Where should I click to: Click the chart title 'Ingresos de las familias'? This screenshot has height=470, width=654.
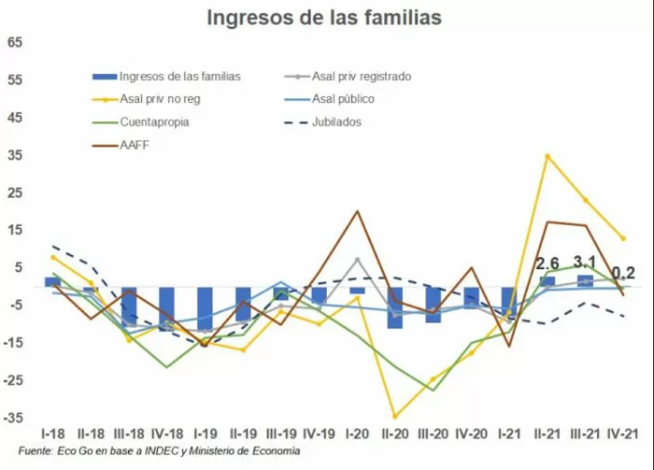click(x=324, y=19)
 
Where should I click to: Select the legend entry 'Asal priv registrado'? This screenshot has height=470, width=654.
click(x=348, y=77)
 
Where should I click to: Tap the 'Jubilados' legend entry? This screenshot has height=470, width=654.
click(x=322, y=122)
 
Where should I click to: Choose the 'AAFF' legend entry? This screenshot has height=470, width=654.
click(x=121, y=146)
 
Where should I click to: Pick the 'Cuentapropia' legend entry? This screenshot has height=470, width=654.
click(x=140, y=122)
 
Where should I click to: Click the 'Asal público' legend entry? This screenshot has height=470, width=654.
click(x=329, y=99)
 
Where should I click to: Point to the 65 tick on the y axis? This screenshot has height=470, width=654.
click(x=14, y=43)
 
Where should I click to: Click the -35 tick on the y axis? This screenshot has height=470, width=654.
click(x=13, y=418)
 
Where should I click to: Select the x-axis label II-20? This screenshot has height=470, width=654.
click(x=394, y=434)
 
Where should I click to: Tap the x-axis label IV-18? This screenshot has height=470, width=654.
click(x=167, y=434)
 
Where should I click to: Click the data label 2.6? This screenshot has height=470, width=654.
click(x=547, y=263)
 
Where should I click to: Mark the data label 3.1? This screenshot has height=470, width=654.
click(x=585, y=263)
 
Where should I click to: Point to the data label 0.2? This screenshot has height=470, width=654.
click(x=623, y=274)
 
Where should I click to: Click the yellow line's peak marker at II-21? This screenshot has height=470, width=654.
click(x=547, y=156)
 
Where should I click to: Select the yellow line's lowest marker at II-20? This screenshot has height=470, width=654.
click(x=395, y=416)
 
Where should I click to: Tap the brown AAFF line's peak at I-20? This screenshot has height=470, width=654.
click(x=358, y=211)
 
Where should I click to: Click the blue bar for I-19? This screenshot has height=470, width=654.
click(x=205, y=310)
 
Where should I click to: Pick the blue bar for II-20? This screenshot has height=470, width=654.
click(x=395, y=307)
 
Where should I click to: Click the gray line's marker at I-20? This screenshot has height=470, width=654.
click(x=358, y=260)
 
